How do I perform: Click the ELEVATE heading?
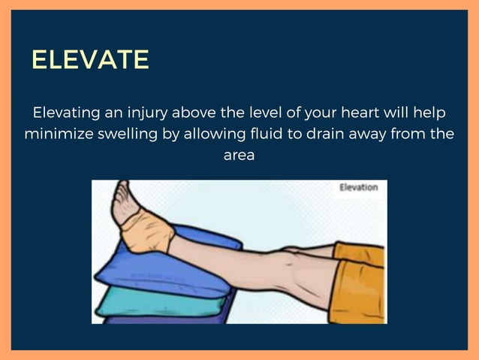coord(90,60)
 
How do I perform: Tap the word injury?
coord(149,113)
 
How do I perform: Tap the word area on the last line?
coord(239,157)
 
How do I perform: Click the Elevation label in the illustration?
coord(358,188)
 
